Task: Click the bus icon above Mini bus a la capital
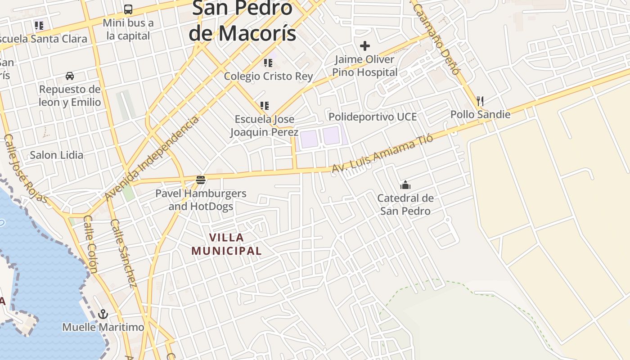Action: tap(128, 9)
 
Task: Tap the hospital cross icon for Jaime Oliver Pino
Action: tap(365, 46)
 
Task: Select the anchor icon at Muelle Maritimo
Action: tap(103, 314)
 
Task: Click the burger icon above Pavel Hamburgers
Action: tap(201, 180)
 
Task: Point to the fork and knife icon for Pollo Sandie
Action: tap(480, 101)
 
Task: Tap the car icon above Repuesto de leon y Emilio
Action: tap(70, 76)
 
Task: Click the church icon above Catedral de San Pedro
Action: tap(405, 185)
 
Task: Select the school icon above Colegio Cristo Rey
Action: tap(268, 63)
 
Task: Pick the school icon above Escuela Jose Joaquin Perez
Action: tap(265, 106)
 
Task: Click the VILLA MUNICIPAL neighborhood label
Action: tap(227, 244)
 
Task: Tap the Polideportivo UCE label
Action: tap(373, 117)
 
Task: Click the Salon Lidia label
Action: tap(57, 155)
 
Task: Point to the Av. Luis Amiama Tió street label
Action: tap(382, 153)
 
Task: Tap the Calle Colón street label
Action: tap(90, 244)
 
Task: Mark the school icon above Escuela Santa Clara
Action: tap(39, 26)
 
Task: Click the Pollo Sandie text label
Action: tap(480, 114)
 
